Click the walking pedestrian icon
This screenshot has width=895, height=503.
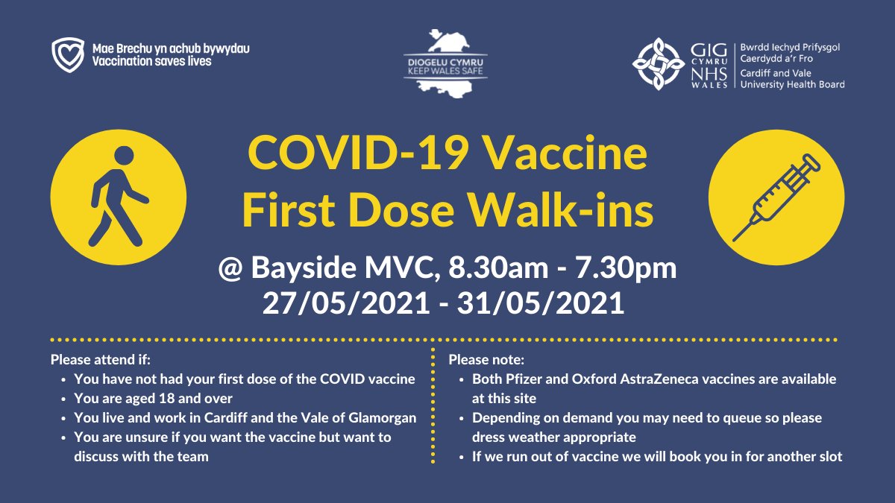pyautogui.click(x=117, y=195)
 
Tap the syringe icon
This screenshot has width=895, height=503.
pyautogui.click(x=776, y=195)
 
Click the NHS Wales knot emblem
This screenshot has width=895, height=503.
pyautogui.click(x=659, y=64)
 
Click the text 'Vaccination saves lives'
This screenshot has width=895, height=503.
pyautogui.click(x=151, y=61)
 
